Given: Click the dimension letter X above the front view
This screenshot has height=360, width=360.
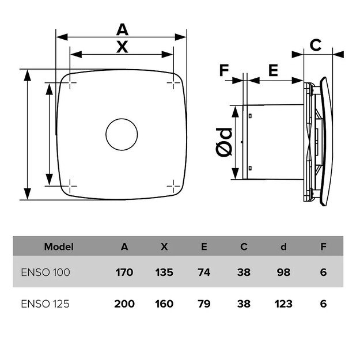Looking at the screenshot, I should click(122, 47).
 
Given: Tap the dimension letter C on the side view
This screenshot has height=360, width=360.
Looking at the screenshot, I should click(316, 45).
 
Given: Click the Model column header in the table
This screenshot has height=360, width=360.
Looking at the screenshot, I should click(59, 247).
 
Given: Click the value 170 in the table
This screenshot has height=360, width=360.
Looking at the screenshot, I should click(124, 272).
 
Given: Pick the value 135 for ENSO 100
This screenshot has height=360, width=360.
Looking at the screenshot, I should click(164, 272).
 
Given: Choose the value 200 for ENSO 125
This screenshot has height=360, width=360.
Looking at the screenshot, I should click(124, 304).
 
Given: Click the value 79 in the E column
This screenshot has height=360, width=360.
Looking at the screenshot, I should click(204, 304).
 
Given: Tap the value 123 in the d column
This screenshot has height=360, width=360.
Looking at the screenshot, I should click(283, 304).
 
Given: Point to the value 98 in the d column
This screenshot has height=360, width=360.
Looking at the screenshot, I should click(283, 272).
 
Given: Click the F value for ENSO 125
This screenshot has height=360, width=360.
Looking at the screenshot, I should click(323, 304).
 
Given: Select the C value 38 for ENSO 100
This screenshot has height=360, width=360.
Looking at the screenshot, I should click(244, 272).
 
